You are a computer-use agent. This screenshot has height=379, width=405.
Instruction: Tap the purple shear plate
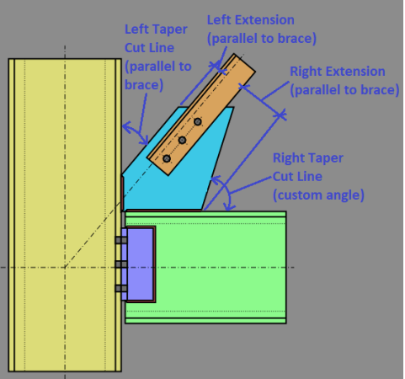pos(141,264)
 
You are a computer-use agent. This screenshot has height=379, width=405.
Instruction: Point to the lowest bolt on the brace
pos(167,158)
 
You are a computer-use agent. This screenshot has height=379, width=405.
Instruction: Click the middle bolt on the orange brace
pos(182,140)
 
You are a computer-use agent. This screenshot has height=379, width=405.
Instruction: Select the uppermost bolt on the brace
pos(198,122)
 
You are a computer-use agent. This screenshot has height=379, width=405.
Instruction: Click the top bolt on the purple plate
pos(120,240)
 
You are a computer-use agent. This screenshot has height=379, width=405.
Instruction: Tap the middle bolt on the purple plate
pos(120,264)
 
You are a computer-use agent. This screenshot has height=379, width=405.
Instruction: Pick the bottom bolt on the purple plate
pos(120,290)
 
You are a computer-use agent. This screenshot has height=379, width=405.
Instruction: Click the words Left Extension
pos(251,19)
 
